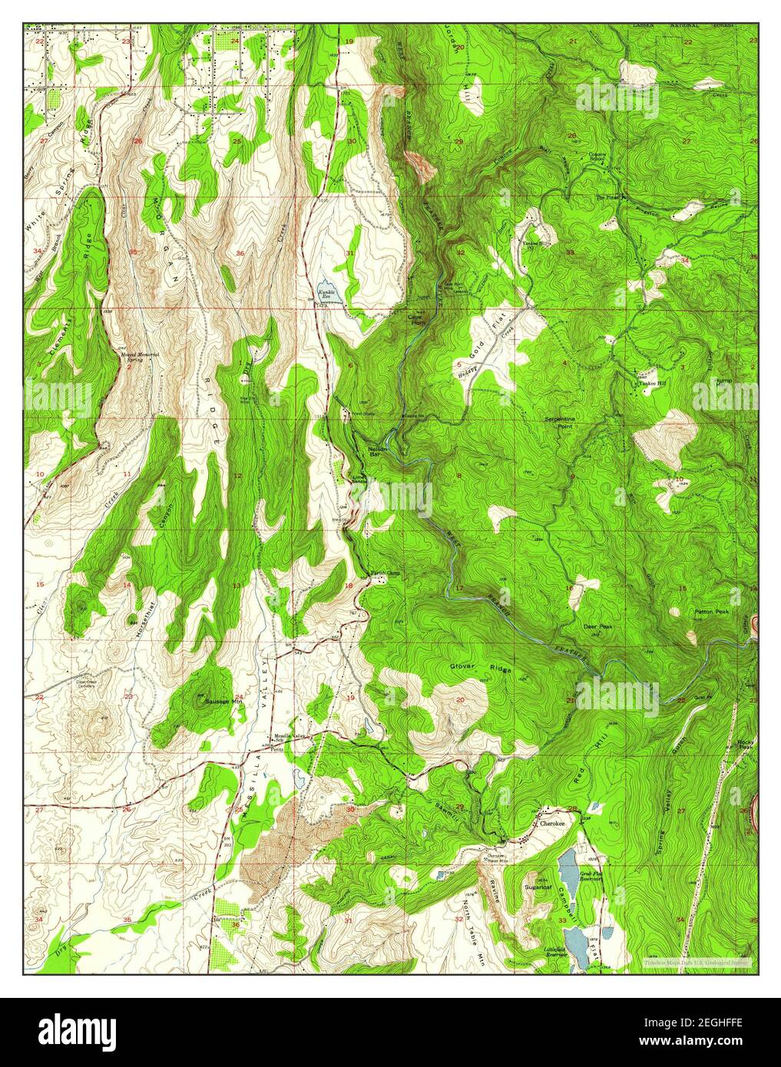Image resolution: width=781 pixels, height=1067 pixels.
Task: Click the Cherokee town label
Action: pyautogui.click(x=552, y=823)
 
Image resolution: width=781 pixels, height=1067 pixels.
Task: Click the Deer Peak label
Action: pyautogui.click(x=598, y=627)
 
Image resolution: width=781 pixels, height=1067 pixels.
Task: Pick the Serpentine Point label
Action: pyautogui.click(x=565, y=422)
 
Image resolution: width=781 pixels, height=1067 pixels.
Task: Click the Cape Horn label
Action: pyautogui.click(x=417, y=321)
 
